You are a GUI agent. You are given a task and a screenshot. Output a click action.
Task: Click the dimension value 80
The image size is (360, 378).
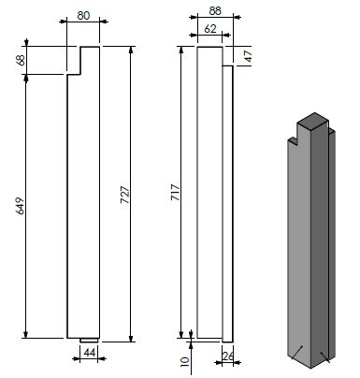click(x=83, y=15)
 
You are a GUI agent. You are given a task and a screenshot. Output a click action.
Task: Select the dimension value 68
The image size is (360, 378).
click(x=22, y=60)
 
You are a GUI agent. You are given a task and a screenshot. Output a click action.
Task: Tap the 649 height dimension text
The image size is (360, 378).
click(x=20, y=206)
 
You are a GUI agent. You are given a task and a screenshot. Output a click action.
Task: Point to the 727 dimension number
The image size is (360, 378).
click(x=125, y=195)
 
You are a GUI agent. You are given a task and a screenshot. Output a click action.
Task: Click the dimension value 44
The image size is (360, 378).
click(x=90, y=353)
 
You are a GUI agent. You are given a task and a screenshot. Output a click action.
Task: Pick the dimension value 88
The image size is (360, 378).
click(x=215, y=11)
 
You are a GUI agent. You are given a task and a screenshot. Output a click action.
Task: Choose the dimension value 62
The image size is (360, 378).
click(x=210, y=29)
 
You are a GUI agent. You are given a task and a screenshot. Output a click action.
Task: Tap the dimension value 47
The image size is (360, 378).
click(x=248, y=56)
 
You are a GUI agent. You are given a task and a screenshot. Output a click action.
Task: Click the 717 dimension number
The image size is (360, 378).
click(x=176, y=193)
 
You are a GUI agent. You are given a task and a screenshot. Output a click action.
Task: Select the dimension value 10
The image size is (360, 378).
click(x=185, y=361)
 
